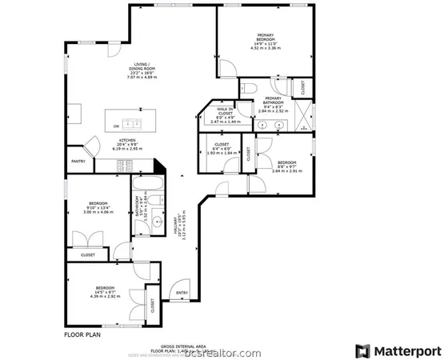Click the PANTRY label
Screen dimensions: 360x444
click(78, 161)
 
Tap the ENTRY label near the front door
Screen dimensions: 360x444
click(182, 292)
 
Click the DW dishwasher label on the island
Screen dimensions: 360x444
click(116, 126)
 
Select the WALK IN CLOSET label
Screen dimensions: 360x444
click(225, 112)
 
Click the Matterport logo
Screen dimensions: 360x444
click(398, 350)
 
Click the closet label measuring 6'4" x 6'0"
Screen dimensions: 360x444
click(222, 148)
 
